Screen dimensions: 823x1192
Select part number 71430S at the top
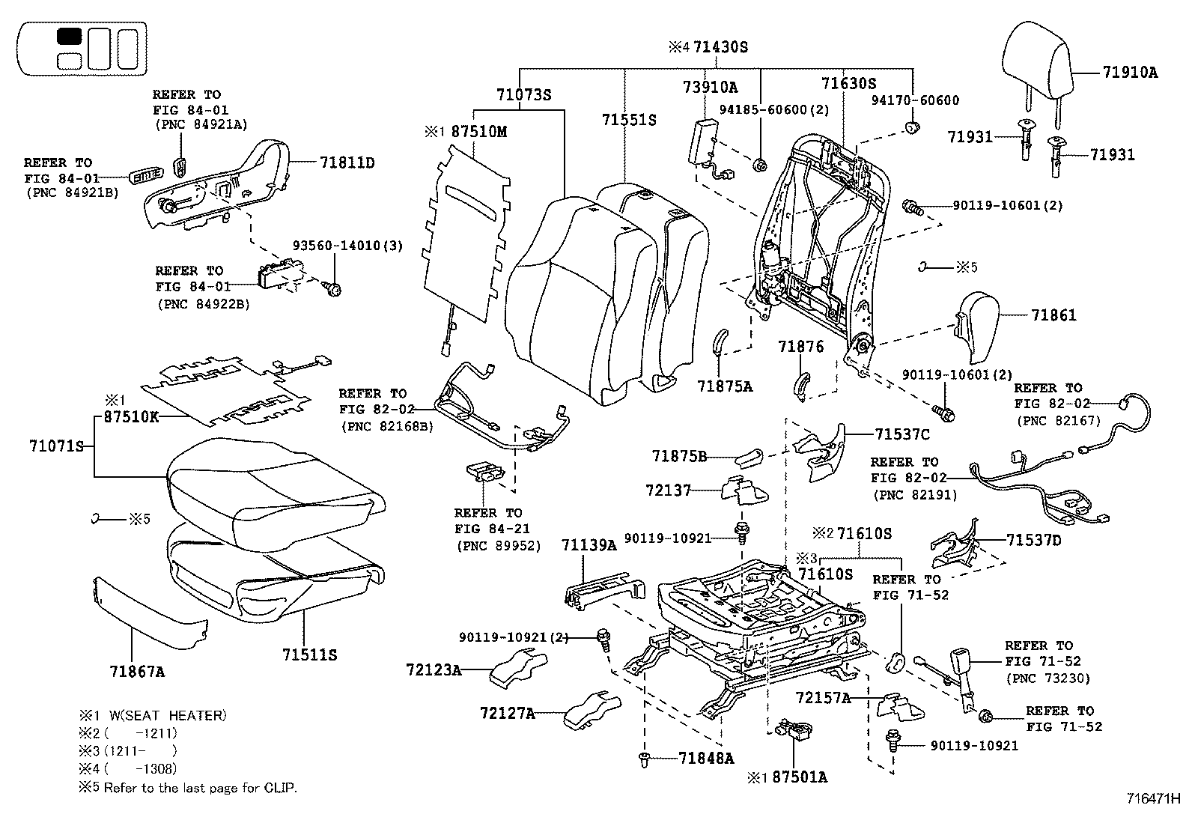(720, 47)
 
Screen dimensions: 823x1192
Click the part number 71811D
(347, 162)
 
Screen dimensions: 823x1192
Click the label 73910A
(710, 87)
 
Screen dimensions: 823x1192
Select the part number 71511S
(310, 655)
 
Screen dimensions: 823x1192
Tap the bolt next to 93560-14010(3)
(335, 288)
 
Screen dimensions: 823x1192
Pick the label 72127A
(507, 713)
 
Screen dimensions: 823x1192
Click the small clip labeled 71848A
(644, 759)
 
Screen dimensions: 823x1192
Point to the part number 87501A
(799, 777)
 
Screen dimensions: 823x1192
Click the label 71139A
(589, 546)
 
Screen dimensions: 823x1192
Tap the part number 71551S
(629, 120)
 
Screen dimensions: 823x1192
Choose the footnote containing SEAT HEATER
(152, 715)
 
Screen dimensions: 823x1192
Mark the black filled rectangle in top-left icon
(70, 37)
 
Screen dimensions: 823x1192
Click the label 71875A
(724, 386)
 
